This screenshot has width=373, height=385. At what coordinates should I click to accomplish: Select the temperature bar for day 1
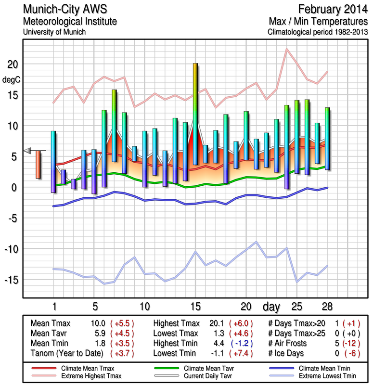pos(53,162)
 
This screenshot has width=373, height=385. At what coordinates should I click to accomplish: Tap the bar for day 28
pos(327,138)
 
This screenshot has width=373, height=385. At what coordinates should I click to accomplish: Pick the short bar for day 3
pos(74,183)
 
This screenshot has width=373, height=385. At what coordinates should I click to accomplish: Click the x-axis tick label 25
pos(297,306)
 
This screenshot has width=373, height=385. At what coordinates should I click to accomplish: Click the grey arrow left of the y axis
pos(27,151)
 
